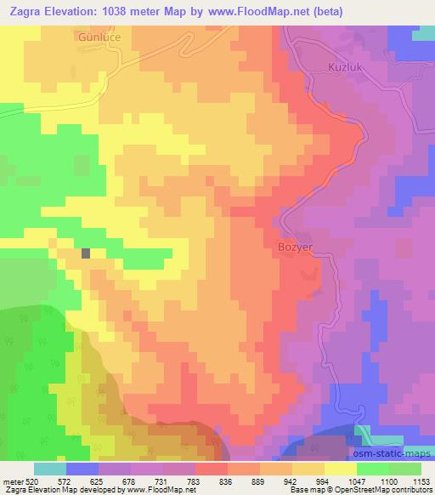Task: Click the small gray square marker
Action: click(86, 253)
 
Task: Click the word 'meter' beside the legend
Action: click(9, 481)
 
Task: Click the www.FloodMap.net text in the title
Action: click(247, 11)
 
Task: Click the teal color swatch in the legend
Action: click(49, 469)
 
